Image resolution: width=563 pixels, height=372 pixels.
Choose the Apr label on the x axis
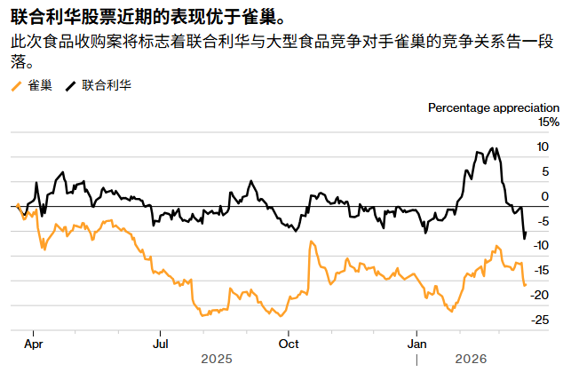[x=34, y=341]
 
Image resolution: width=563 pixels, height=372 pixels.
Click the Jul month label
[x=161, y=341]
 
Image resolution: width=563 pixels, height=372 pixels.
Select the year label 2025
[x=217, y=359]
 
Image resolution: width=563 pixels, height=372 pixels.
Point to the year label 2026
[x=470, y=359]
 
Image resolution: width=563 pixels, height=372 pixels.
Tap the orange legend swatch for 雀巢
[x=16, y=86]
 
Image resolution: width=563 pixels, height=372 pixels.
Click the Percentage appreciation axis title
[x=494, y=107]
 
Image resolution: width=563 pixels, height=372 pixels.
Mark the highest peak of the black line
[x=494, y=148]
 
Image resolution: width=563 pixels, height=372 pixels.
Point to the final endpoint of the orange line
[x=525, y=285]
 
